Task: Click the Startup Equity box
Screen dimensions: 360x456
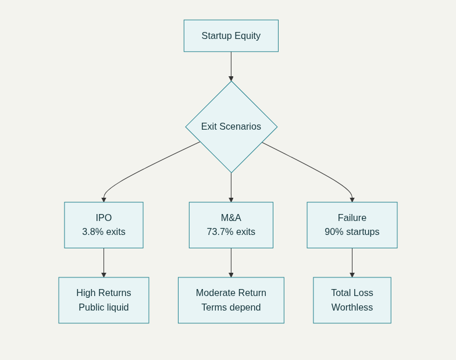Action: click(231, 35)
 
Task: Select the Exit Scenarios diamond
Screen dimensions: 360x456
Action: click(231, 126)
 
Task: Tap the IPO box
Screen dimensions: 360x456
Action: click(104, 224)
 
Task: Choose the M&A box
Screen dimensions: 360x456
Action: click(231, 224)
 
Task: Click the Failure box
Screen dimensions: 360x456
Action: click(352, 224)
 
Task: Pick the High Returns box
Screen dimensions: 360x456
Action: click(104, 300)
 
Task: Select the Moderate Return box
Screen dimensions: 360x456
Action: click(231, 300)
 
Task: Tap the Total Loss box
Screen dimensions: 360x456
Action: click(352, 300)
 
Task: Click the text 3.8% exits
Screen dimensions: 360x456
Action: click(104, 232)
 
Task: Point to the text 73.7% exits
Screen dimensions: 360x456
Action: click(231, 232)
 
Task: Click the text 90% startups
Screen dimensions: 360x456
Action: click(352, 232)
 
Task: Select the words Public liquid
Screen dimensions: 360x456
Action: click(104, 308)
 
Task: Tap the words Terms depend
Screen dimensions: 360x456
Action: click(231, 308)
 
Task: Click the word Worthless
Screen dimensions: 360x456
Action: click(352, 308)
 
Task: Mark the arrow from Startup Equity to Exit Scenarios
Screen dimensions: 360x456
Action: click(231, 66)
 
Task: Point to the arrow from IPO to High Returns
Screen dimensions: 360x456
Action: click(104, 262)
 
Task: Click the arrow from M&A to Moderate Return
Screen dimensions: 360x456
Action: click(231, 262)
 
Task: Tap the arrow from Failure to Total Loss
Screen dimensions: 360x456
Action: click(352, 262)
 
